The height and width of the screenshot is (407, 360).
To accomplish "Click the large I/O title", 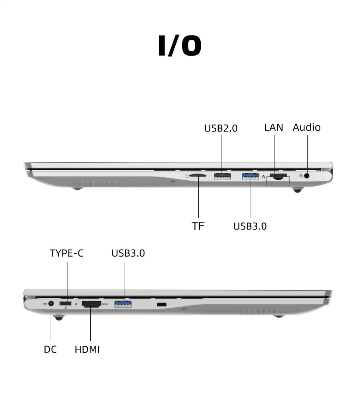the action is [180, 45].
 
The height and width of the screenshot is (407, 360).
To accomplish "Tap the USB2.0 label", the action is [221, 128].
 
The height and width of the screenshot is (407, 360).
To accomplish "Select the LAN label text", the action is [274, 127].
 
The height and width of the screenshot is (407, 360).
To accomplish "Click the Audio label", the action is [307, 127].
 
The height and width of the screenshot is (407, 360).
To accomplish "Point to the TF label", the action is [198, 226].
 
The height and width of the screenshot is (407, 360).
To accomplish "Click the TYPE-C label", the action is [67, 253].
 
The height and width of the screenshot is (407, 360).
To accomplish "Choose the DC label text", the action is [50, 349].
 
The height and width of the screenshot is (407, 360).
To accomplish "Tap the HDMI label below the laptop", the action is [87, 349].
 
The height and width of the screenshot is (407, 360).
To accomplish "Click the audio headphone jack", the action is [307, 176].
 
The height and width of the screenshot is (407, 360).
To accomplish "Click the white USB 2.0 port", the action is [222, 176].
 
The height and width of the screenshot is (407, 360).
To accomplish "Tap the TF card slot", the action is [198, 175].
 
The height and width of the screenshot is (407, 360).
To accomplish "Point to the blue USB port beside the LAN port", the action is [250, 176].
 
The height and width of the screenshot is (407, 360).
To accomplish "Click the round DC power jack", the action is [51, 303].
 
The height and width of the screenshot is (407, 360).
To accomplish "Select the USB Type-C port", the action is [66, 303].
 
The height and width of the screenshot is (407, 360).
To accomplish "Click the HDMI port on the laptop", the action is [91, 304].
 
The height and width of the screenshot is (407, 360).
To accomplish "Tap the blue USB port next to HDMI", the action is [123, 304].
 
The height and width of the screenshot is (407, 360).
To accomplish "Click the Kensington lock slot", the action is [162, 304].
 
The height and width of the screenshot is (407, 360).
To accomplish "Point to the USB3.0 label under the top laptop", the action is [250, 226].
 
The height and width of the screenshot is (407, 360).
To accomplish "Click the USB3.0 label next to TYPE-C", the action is [128, 253].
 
